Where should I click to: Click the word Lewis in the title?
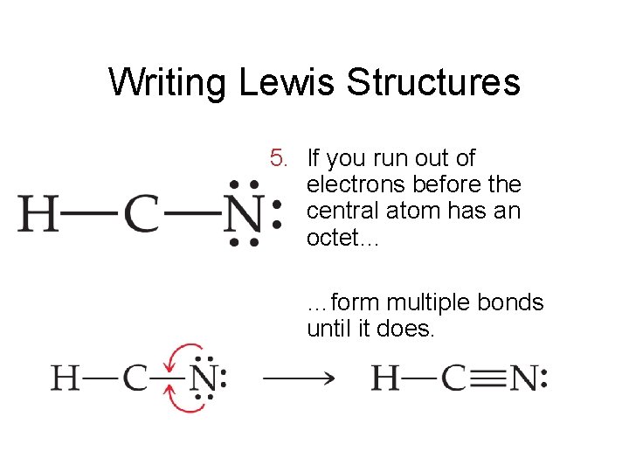pos(286,83)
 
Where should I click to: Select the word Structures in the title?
pos(433,83)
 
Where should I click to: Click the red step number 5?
pos(279,158)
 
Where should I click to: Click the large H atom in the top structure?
pos(39,212)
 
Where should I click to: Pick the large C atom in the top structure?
pos(142,212)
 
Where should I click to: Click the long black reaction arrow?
pos(299,378)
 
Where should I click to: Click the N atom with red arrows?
pos(204,378)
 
